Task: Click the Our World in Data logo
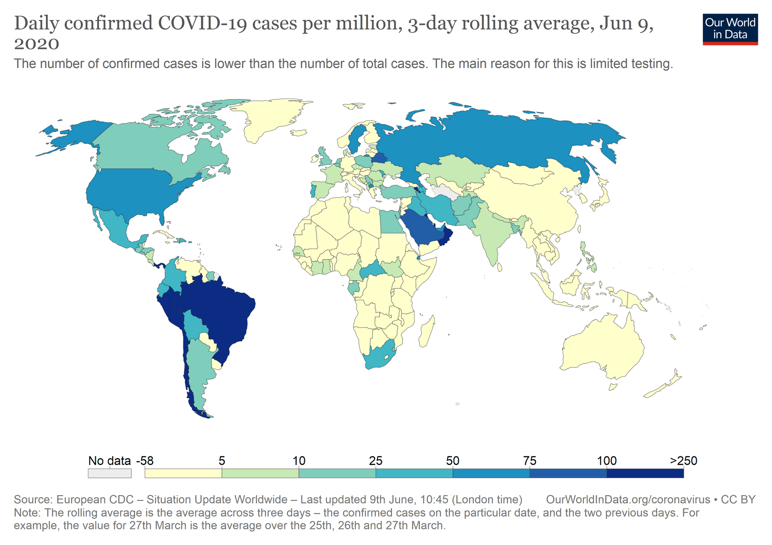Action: pos(730,29)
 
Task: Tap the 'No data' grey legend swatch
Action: pos(109,473)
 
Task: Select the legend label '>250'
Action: pos(683,461)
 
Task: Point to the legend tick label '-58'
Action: pos(145,461)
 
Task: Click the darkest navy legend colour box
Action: pos(645,473)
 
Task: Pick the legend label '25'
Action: pos(376,461)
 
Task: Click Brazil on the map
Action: pos(218,313)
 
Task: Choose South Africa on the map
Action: pos(379,357)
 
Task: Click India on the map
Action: pos(493,236)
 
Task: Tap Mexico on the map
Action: pos(116,227)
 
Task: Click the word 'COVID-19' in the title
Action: pos(202,24)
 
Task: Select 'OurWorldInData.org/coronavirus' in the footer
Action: pos(628,500)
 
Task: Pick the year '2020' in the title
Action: pos(36,44)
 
